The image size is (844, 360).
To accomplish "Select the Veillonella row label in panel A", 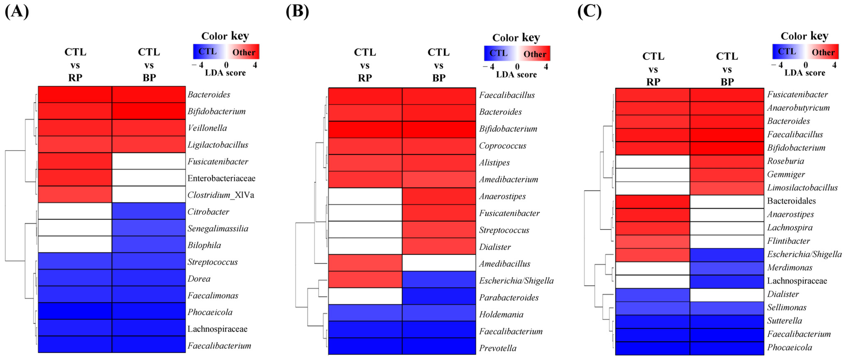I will click(x=207, y=128).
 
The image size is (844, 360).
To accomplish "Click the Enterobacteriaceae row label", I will click(x=221, y=178).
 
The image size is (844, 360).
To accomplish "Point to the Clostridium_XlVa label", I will click(x=220, y=195).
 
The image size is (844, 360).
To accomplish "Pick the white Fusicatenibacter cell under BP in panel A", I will click(x=149, y=161).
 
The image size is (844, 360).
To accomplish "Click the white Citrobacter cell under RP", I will click(x=75, y=211).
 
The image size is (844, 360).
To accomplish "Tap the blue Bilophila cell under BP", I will click(x=149, y=245).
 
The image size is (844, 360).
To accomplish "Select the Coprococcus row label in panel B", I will click(x=503, y=146).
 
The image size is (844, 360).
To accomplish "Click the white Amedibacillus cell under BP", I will click(x=439, y=263).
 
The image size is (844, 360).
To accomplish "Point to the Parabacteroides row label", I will click(x=509, y=297).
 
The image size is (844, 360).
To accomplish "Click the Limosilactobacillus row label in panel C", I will click(x=802, y=188).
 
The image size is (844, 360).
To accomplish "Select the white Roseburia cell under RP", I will click(x=653, y=161).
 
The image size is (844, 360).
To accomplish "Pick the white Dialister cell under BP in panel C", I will click(x=727, y=295).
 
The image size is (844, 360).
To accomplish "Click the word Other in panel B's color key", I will click(x=535, y=54).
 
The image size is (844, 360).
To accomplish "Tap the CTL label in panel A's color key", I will click(x=207, y=51).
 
